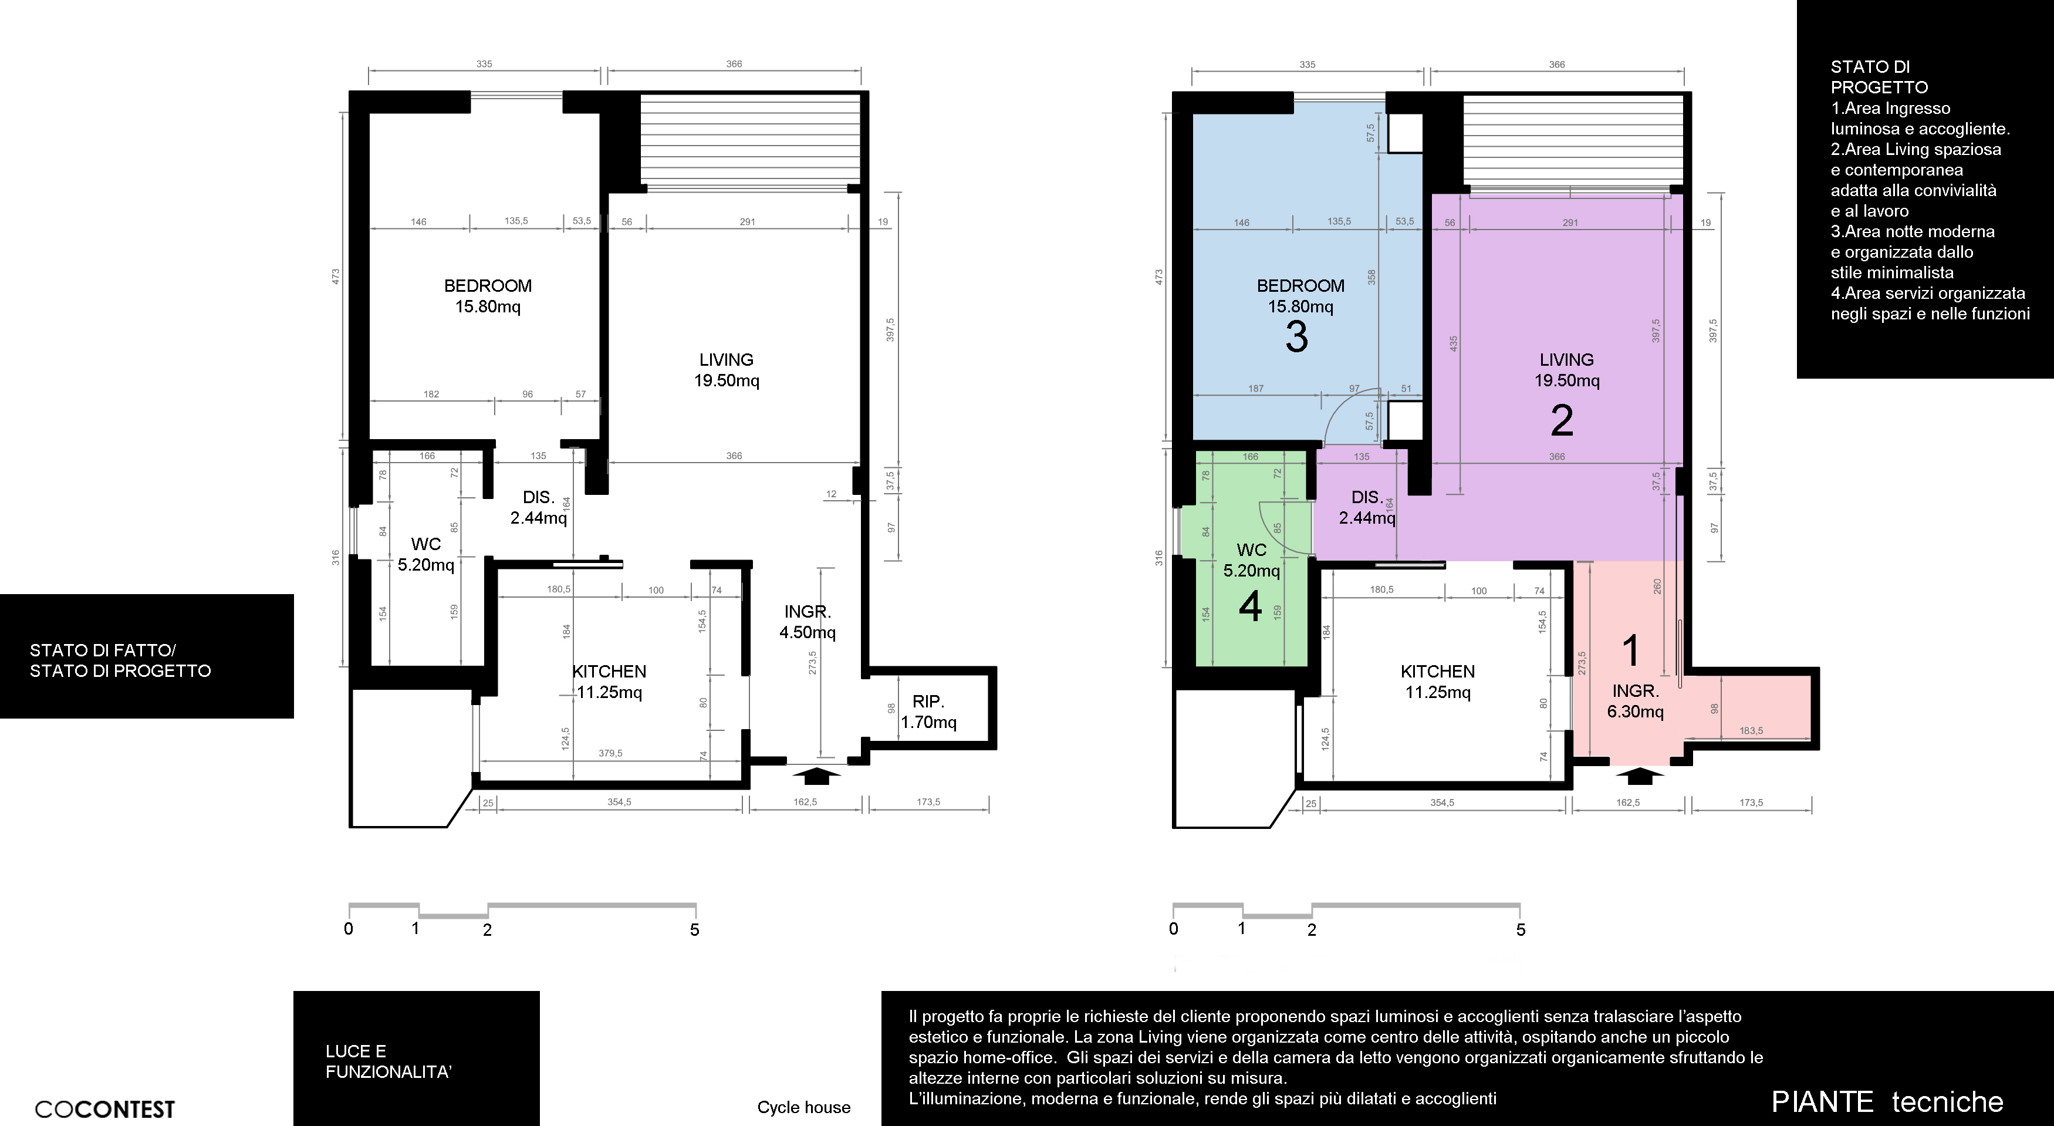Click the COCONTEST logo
[x=104, y=1109]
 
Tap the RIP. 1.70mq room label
[x=928, y=712]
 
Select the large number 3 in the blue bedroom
[x=1296, y=338]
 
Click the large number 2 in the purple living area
[x=1562, y=421]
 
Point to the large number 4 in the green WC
[x=1250, y=607]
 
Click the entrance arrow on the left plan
[x=816, y=775]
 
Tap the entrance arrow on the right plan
[x=1639, y=775]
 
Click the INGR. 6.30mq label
[x=1636, y=701]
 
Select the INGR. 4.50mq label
[x=808, y=622]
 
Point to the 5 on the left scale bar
[x=694, y=930]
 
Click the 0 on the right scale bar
[x=1173, y=929]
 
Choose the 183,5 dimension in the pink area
[x=1751, y=730]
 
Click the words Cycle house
[x=804, y=1108]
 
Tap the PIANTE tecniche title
[x=1887, y=1102]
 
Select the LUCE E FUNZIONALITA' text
[x=388, y=1061]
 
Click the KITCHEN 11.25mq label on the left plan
[x=609, y=682]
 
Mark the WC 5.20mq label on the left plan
[x=426, y=554]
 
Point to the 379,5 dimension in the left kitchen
[x=610, y=754]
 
